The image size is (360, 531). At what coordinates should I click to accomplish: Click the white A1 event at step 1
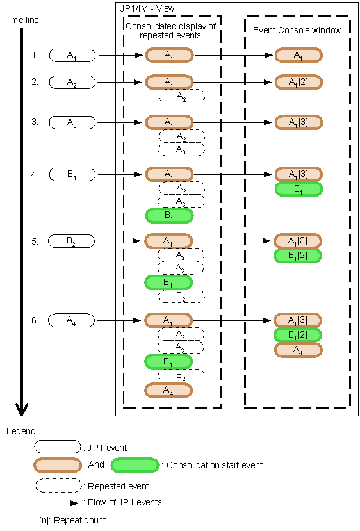(x=72, y=55)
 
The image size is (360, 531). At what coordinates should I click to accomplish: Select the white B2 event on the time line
(x=72, y=241)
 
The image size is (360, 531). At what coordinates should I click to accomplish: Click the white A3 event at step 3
(x=72, y=122)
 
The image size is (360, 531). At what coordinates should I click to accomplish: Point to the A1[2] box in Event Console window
(x=299, y=82)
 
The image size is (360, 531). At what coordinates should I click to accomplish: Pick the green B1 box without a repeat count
(x=299, y=189)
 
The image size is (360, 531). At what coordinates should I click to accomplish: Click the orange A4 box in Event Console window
(x=299, y=350)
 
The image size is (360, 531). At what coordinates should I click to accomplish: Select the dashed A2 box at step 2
(x=181, y=97)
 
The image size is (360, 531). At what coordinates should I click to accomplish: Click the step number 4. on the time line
(x=35, y=174)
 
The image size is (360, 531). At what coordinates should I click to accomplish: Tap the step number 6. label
(x=35, y=319)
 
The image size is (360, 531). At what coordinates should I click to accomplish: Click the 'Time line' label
(x=21, y=20)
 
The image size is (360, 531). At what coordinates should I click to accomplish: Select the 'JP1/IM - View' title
(x=147, y=8)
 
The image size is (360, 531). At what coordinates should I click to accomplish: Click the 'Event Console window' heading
(x=297, y=30)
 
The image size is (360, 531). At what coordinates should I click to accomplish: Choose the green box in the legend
(x=135, y=464)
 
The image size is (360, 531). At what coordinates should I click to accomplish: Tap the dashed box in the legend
(x=58, y=486)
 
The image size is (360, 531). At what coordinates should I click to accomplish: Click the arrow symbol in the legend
(x=58, y=502)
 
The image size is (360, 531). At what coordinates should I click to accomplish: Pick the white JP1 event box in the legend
(x=58, y=446)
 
